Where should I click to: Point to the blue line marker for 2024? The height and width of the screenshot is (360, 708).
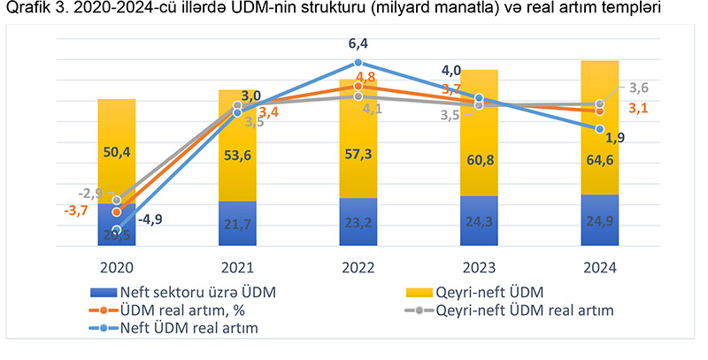(x=600, y=128)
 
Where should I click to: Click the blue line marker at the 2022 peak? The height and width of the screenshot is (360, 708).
(x=358, y=63)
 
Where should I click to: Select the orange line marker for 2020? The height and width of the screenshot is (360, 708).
(x=117, y=212)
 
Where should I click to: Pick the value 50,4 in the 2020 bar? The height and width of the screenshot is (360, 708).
(x=117, y=153)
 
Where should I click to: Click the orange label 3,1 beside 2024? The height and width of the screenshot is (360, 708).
(x=637, y=109)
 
